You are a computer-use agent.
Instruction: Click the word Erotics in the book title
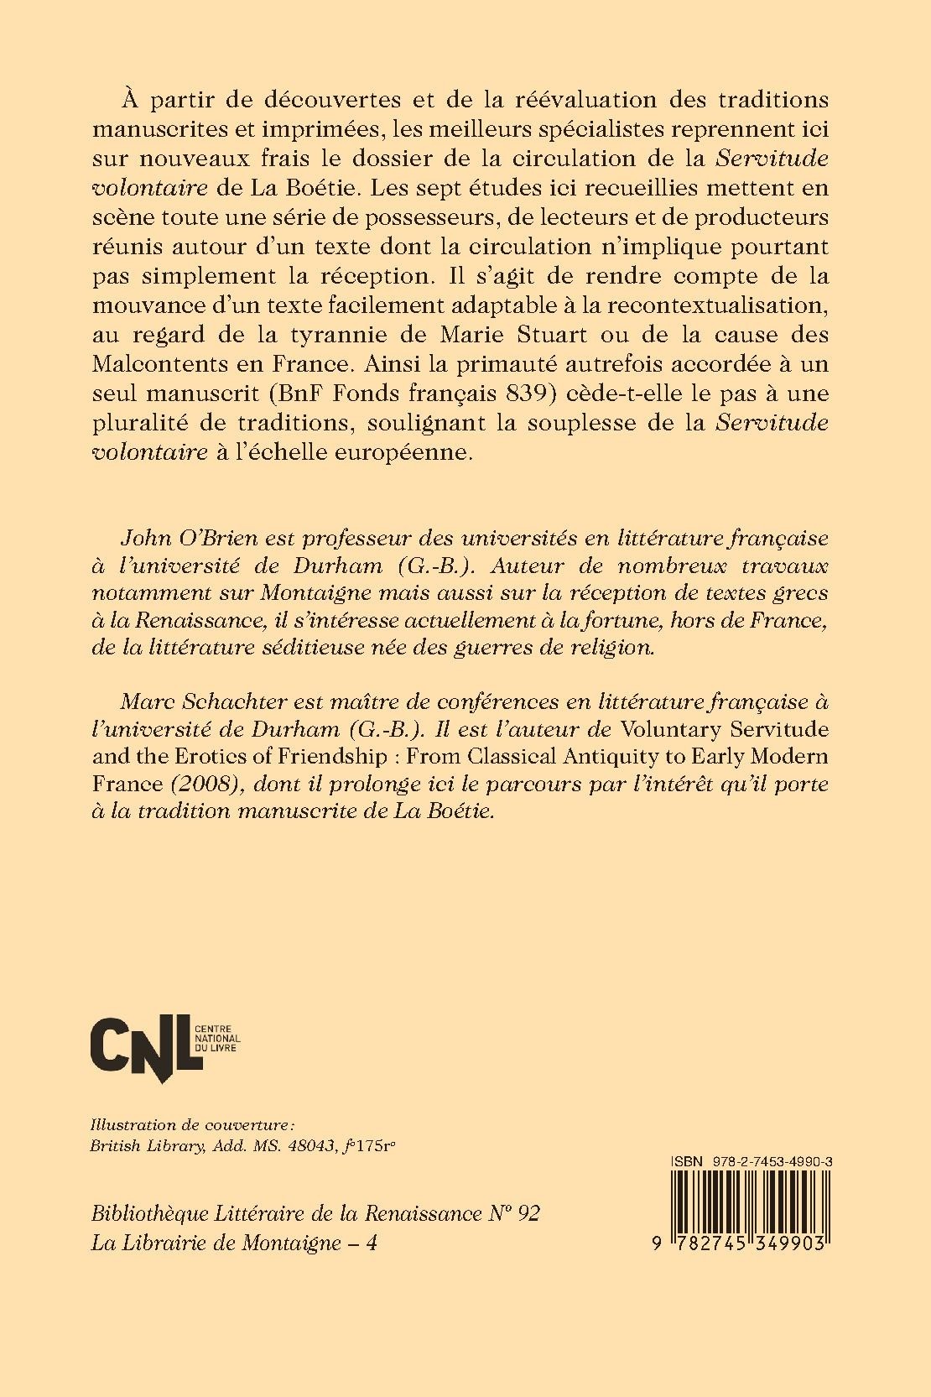click(x=190, y=757)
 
